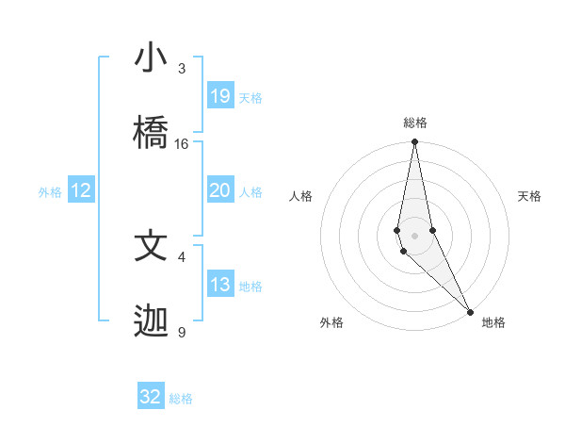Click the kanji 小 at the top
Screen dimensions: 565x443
coord(151,57)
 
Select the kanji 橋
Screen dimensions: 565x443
coord(151,133)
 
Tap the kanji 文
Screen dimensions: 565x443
coord(151,246)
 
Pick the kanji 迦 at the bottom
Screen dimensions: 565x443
coord(151,321)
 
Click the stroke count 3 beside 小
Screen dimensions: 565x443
coord(181,69)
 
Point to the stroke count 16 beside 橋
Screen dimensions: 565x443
coord(182,144)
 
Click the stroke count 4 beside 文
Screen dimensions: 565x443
coord(181,256)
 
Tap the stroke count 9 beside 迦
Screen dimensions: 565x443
coord(181,333)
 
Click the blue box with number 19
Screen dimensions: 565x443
coord(220,96)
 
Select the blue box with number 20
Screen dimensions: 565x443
coord(220,190)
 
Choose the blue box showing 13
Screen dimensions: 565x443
coord(220,285)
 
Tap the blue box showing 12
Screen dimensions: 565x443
coord(81,191)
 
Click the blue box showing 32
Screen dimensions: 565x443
coord(151,397)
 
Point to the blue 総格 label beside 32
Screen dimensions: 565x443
coord(182,399)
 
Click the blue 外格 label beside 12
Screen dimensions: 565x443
coord(50,192)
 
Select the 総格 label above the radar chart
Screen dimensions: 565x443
coord(415,123)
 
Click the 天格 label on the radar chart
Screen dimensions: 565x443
coord(530,196)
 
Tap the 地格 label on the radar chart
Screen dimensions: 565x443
coord(493,322)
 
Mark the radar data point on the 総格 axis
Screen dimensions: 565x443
coord(414,142)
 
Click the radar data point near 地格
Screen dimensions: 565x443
coord(470,311)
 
